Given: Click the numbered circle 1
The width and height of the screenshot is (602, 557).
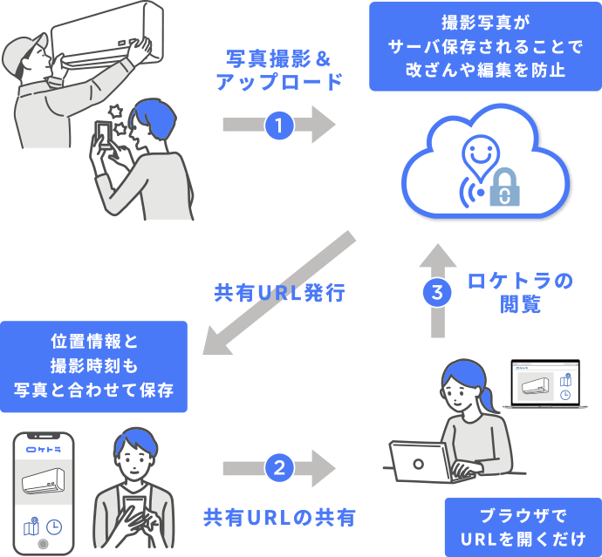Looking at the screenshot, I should (x=278, y=125).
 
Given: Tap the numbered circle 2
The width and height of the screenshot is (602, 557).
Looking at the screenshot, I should (x=278, y=468).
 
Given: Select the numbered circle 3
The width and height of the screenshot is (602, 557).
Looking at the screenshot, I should (x=437, y=293).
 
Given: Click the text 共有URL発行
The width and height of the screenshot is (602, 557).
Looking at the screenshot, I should (x=280, y=293).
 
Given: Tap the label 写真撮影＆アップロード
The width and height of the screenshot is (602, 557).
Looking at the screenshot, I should (x=278, y=71).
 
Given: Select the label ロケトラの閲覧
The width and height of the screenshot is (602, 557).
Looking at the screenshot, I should (x=521, y=293).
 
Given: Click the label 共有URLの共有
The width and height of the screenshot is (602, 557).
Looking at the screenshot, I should (x=279, y=517).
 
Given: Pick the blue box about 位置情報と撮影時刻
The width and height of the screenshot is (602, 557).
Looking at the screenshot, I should (x=94, y=365).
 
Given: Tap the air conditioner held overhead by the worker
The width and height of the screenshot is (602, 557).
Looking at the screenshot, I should (x=106, y=39).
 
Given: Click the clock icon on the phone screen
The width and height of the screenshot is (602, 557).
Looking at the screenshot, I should (x=54, y=527).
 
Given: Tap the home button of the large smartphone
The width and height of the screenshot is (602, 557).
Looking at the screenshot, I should (x=42, y=547).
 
